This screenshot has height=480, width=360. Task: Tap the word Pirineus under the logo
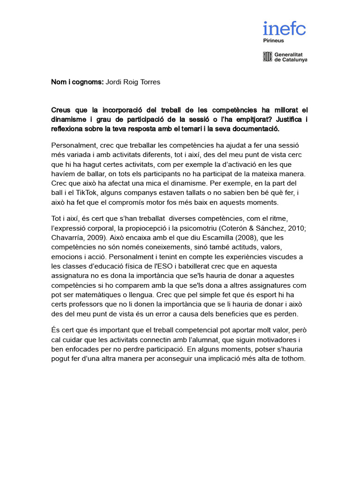pyautogui.click(x=273, y=41)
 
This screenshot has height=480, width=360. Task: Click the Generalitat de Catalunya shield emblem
pyautogui.click(x=267, y=57)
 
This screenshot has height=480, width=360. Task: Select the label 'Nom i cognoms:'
pyautogui.click(x=77, y=82)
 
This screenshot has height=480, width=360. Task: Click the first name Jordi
pyautogui.click(x=114, y=82)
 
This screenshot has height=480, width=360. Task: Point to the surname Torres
pyautogui.click(x=150, y=82)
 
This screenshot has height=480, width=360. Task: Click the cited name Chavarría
pyautogui.click(x=67, y=237)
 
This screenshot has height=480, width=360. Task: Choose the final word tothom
pyautogui.click(x=292, y=359)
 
